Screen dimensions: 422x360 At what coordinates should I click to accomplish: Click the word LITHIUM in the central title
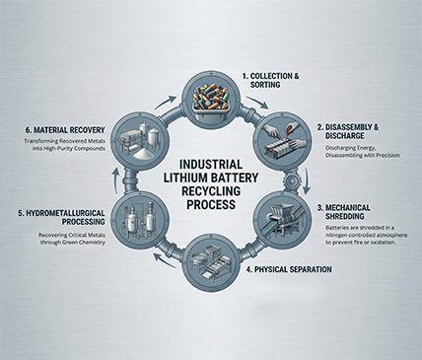pos(183,178)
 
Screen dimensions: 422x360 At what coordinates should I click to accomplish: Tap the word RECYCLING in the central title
pos(211,190)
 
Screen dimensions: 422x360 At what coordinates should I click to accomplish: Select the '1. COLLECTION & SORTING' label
pos(270,80)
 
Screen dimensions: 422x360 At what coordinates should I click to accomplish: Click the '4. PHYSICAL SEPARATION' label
pos(289,269)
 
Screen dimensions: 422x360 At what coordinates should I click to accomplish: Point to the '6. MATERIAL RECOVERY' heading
pos(65,130)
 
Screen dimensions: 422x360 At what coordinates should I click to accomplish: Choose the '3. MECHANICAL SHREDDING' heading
pos(343,212)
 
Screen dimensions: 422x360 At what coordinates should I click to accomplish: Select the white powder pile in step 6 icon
pos(143,152)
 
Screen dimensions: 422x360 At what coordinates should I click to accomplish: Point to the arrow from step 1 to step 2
pos(258,102)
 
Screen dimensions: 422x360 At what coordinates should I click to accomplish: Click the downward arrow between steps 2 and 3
pos(307,181)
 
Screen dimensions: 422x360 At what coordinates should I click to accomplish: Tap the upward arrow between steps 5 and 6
pos(115,180)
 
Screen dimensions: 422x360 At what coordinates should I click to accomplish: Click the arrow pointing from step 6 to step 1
pos(166,102)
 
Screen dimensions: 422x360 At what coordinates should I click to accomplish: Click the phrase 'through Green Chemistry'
pos(72,243)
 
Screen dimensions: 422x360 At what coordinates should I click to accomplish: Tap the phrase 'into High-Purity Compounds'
pos(68,149)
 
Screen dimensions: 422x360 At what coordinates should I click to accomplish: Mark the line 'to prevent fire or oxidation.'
pos(361,243)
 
